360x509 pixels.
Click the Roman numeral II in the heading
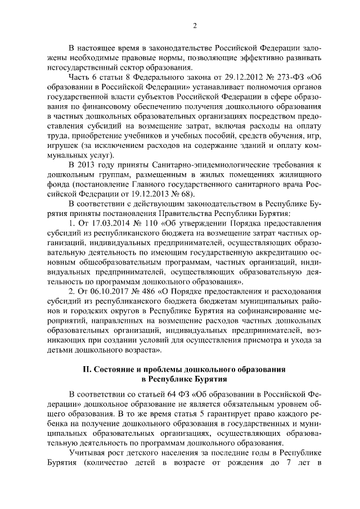87,370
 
